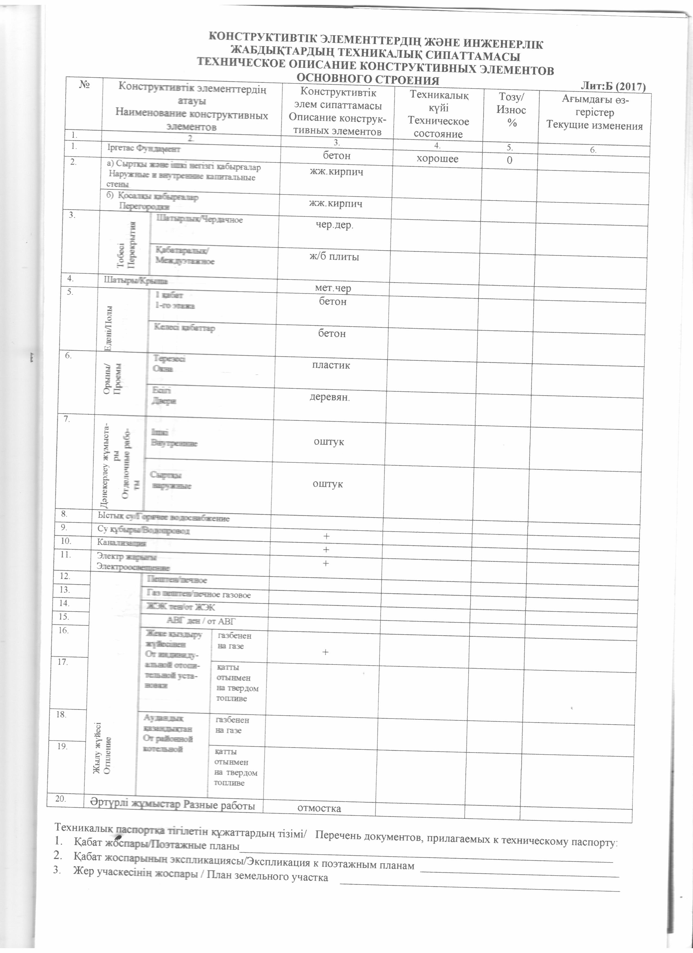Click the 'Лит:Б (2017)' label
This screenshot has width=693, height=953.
(x=613, y=87)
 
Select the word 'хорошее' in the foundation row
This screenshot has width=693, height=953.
(x=438, y=158)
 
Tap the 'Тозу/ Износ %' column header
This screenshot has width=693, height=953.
(x=511, y=110)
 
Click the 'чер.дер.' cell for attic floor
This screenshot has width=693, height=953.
(x=335, y=225)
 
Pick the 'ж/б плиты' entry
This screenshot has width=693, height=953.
(x=334, y=257)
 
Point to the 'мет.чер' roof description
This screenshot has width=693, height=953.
(x=333, y=288)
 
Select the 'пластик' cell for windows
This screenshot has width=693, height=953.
(x=331, y=365)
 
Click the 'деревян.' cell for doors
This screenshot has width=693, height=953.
(x=330, y=397)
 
